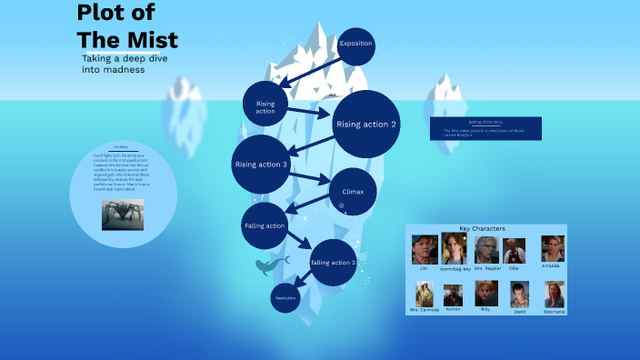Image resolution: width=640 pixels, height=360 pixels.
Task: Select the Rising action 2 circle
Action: coord(366,125)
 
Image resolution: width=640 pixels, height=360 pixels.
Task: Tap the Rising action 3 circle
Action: coord(261,164)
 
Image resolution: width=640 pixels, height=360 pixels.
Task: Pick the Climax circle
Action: coord(352,192)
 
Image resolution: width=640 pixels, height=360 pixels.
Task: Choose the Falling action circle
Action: coord(265,225)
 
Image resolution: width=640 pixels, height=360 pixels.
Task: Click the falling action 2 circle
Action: coord(333,263)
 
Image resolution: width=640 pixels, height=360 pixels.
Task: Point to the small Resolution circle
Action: coord(285,297)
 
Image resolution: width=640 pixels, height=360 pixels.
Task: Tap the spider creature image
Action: coord(123,215)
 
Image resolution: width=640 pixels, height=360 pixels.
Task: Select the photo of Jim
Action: coord(424,249)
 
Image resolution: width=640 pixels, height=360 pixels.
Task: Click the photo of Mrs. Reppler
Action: coord(486,249)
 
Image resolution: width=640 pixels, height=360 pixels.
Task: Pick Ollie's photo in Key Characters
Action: coord(515,250)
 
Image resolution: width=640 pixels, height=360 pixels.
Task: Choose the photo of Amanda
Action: coord(553,249)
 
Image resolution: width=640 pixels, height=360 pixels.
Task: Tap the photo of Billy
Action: coord(485,293)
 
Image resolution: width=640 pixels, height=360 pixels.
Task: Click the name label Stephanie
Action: coord(554,312)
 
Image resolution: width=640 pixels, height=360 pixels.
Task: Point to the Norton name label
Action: coord(453,309)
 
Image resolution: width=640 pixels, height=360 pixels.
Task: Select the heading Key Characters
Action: coord(483,228)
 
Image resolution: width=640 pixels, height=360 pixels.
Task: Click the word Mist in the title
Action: coord(151,40)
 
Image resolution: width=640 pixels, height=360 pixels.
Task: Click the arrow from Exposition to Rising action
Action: coord(309,71)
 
